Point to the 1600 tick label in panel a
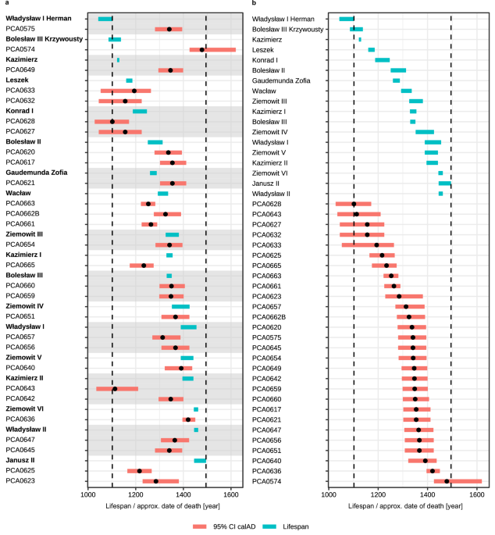(x=231, y=494)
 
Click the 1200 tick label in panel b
(x=378, y=494)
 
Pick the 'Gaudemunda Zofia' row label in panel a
(x=38, y=172)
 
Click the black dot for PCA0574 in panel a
(x=202, y=49)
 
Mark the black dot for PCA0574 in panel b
(x=447, y=481)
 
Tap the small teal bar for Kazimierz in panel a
(x=118, y=59)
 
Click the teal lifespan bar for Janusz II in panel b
(x=444, y=183)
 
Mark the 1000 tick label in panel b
(x=329, y=494)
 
